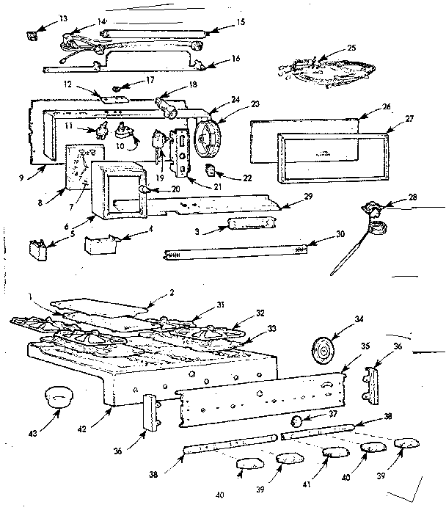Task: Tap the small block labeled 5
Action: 37,250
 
